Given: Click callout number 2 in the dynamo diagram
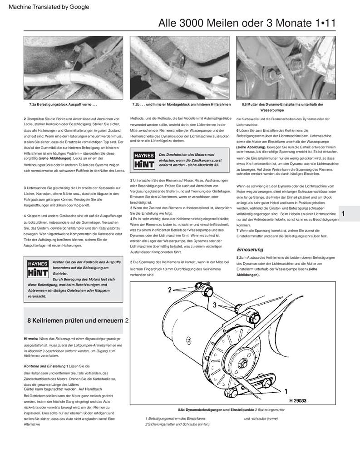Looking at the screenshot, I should [169, 289].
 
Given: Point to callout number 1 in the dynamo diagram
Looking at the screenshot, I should [286, 390].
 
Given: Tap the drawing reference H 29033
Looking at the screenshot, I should [298, 401].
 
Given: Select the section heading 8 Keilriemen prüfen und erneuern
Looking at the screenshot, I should [75, 320].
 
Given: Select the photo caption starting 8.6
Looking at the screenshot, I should [282, 107].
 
